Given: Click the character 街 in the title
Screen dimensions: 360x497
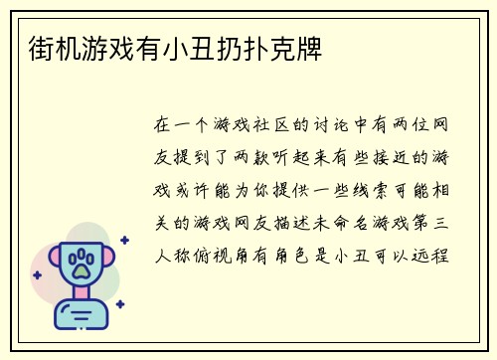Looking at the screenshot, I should [x=31, y=47].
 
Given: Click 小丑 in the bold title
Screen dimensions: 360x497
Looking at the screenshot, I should [x=196, y=47].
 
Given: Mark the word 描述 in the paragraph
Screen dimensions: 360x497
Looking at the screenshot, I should [x=310, y=221].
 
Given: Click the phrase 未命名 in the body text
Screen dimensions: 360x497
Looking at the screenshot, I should [x=352, y=221].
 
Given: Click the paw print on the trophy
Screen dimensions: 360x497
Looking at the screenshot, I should [x=79, y=263].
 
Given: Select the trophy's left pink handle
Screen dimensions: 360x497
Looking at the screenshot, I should [x=46, y=261].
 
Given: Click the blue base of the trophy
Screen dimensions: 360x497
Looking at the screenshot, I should [x=79, y=316].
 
